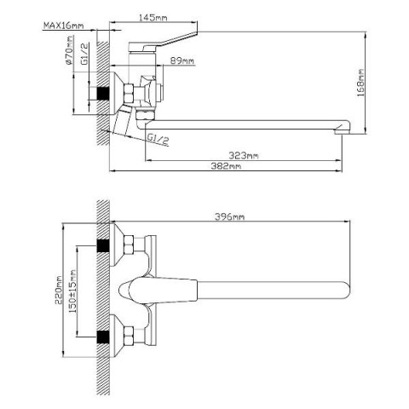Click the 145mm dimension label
(x=153, y=18)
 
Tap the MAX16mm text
(x=64, y=26)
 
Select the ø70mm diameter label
(x=69, y=50)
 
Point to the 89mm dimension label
(x=182, y=60)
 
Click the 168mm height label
(x=360, y=83)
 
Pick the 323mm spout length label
(x=244, y=156)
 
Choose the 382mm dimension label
(x=226, y=166)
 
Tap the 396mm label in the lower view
(x=229, y=216)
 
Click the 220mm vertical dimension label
(x=59, y=290)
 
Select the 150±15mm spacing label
(x=72, y=291)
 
